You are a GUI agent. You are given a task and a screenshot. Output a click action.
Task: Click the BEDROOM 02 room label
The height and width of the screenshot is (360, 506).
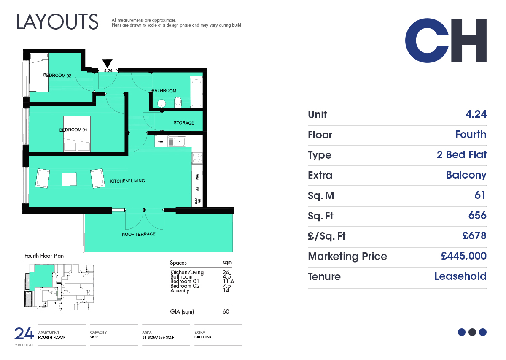[x=57, y=75]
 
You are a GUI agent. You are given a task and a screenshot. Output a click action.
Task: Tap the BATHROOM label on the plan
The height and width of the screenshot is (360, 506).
[x=164, y=91]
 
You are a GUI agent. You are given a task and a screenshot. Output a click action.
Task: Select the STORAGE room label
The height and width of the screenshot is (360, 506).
[x=184, y=123]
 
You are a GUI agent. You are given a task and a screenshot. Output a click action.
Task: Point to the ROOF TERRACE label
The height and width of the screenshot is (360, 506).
[x=138, y=234]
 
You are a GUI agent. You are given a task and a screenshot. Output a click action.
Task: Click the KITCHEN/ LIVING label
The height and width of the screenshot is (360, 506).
[x=127, y=181]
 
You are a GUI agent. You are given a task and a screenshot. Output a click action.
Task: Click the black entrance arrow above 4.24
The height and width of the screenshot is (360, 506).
[x=107, y=63]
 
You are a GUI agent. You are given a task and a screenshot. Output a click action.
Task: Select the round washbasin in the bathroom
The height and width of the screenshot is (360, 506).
[x=161, y=103]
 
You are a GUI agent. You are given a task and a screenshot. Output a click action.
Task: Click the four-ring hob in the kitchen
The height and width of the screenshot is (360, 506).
[x=197, y=158]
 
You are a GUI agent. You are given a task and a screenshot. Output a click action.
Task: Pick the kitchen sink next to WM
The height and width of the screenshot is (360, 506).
[x=177, y=141]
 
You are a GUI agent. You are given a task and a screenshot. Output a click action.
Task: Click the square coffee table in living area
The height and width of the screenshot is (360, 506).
[x=69, y=179]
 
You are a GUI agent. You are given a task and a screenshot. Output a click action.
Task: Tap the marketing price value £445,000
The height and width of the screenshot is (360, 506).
[x=463, y=256]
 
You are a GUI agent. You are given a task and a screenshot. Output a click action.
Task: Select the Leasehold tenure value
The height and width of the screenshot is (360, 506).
[x=460, y=276]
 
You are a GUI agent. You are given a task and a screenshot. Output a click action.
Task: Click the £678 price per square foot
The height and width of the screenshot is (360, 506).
[x=474, y=235]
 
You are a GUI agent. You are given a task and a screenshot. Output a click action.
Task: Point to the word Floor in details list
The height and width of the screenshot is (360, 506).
[x=320, y=135]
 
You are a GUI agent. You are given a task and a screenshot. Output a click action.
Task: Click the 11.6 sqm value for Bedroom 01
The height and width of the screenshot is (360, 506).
[x=229, y=282]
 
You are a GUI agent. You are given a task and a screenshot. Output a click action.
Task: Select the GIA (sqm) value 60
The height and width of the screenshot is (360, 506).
[x=226, y=311]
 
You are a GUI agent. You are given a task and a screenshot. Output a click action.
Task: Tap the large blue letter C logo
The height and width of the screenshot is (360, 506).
[x=426, y=41]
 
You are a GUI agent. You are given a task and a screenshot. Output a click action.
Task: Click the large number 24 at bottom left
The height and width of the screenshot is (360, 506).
[x=24, y=333]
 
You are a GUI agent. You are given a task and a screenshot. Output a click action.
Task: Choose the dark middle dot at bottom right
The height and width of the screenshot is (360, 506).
[x=472, y=332]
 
